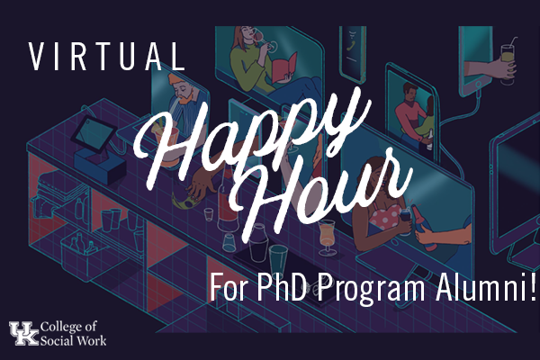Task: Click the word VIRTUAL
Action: click(x=107, y=57)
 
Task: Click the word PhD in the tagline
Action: click(x=282, y=286)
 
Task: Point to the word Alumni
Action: click(x=481, y=286)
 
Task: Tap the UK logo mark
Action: click(x=24, y=333)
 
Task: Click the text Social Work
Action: click(x=74, y=341)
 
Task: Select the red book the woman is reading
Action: click(x=284, y=67)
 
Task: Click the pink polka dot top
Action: click(x=385, y=216)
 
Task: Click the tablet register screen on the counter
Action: click(x=94, y=134)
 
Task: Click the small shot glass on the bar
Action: click(x=209, y=214)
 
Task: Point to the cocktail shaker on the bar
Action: click(x=258, y=242)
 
